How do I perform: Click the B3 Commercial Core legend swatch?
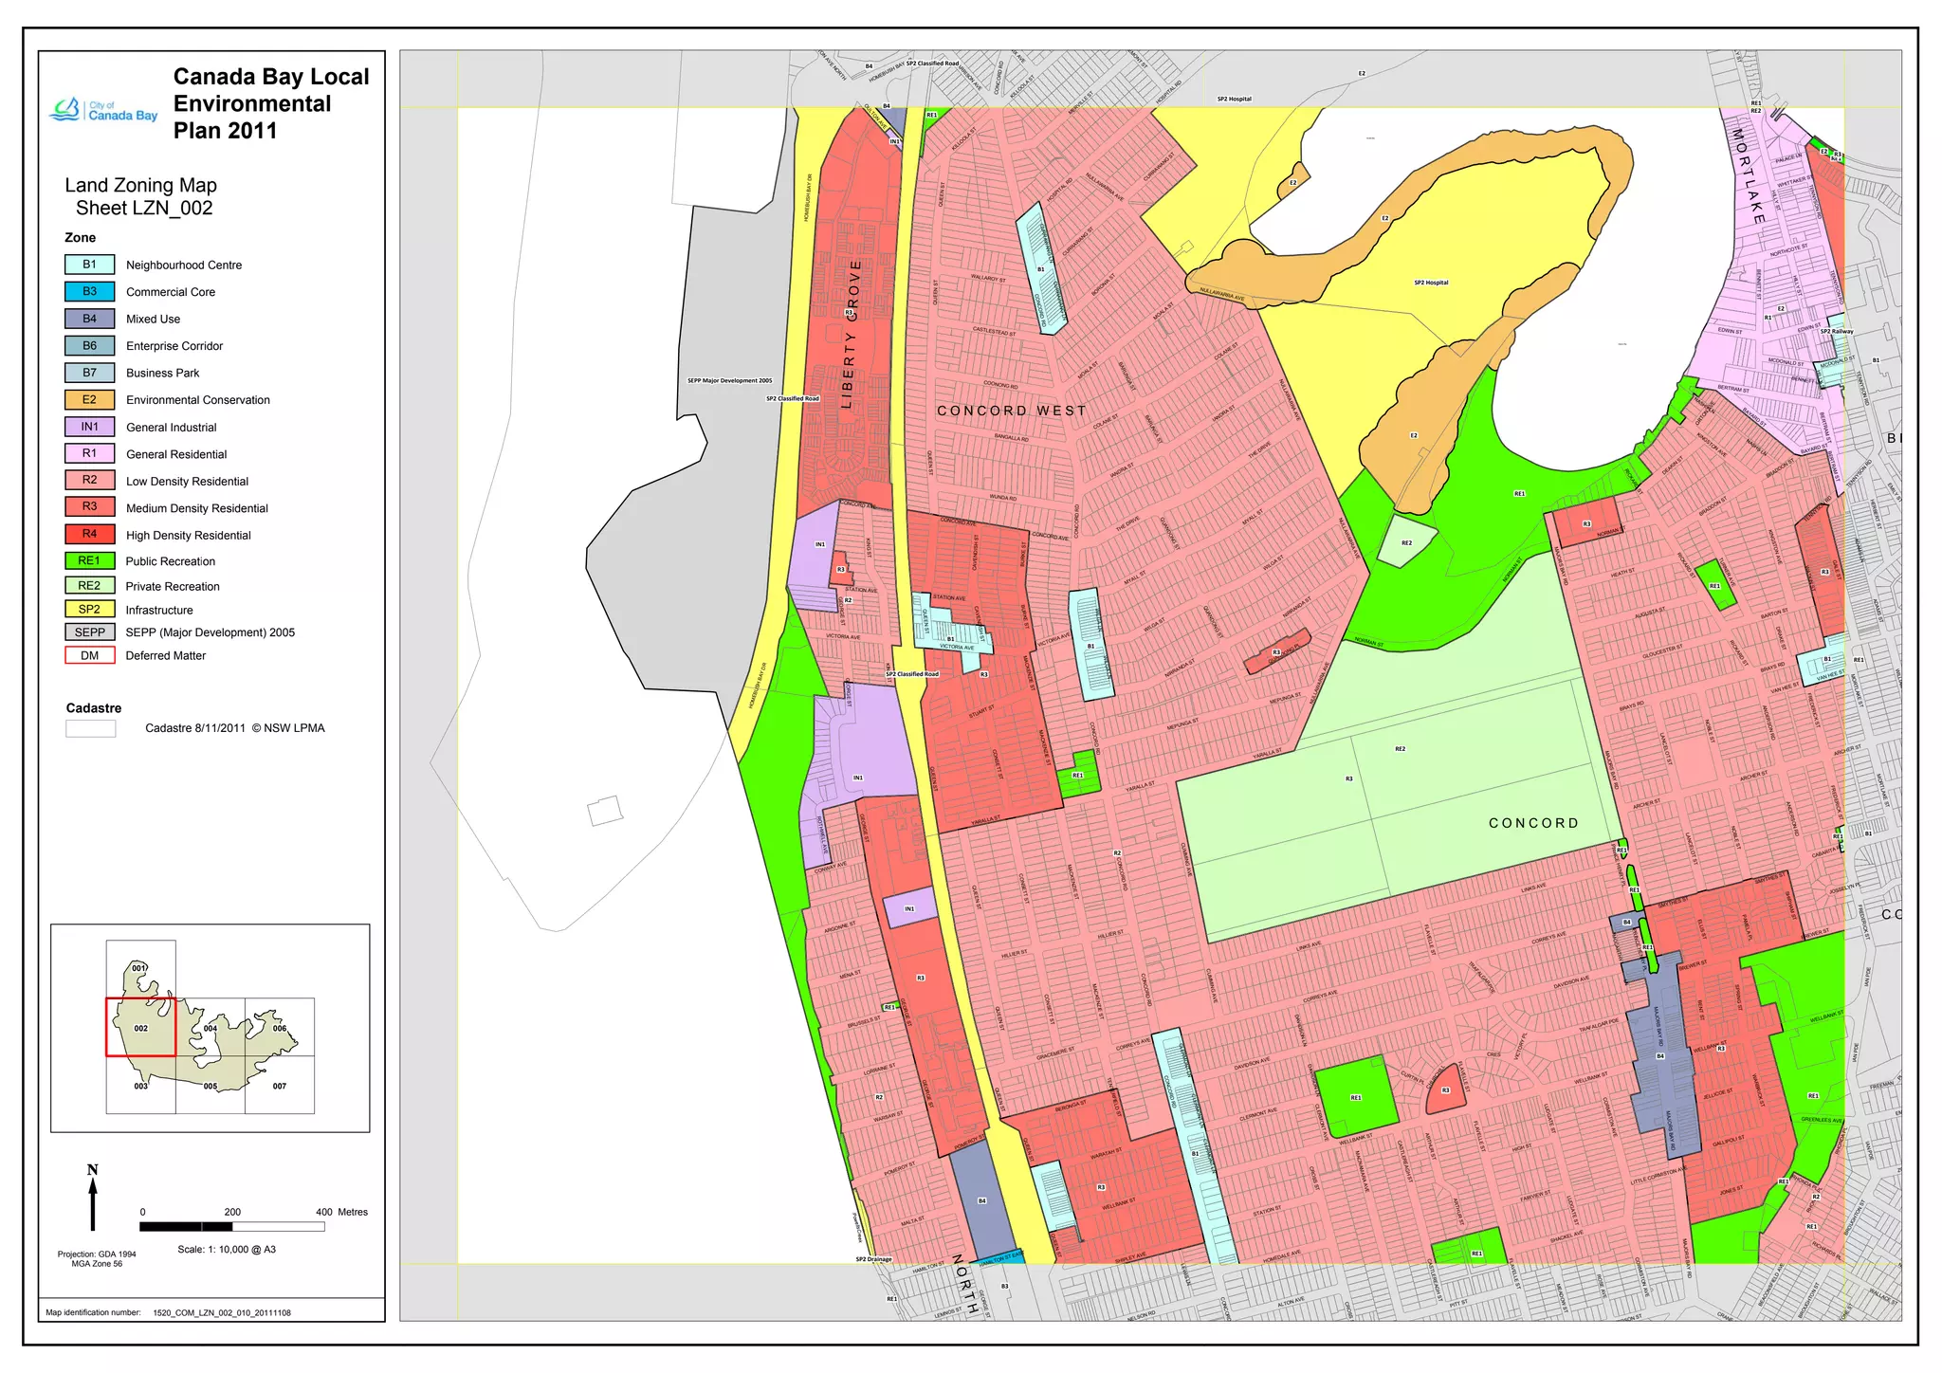[89, 292]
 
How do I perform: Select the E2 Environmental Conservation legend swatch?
[89, 400]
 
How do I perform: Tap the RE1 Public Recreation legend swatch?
[89, 561]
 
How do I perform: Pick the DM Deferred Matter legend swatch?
[89, 655]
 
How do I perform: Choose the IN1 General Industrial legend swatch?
[89, 428]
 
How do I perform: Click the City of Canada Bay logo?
[104, 110]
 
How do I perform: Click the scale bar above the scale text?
[231, 1227]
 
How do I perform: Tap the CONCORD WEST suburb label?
[1011, 411]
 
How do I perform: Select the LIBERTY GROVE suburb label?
[852, 334]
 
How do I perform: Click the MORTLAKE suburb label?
[1750, 176]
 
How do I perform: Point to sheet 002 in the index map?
[140, 1028]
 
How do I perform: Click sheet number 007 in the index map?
[280, 1087]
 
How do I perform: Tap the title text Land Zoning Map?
[141, 186]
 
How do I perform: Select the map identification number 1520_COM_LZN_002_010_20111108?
[222, 1313]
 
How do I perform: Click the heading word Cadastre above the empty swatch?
[94, 708]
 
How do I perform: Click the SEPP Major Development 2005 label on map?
[729, 381]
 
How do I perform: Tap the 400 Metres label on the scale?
[341, 1212]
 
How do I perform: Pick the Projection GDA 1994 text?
[97, 1254]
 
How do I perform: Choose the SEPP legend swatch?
[89, 632]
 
